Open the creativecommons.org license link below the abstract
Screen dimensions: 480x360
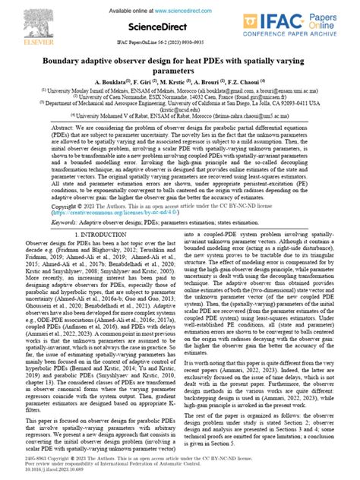pyautogui.click(x=107, y=214)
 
